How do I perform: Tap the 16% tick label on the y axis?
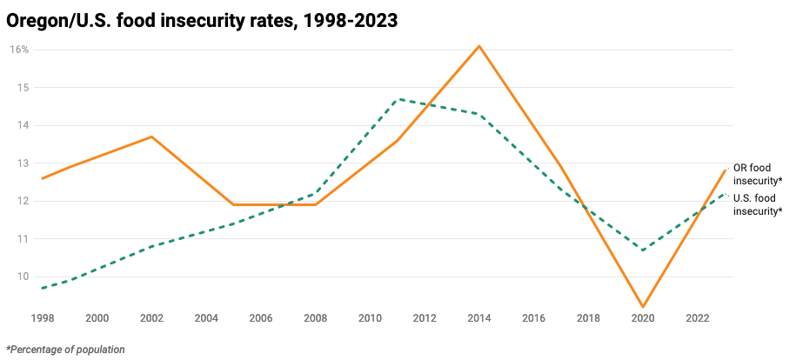[x=19, y=50]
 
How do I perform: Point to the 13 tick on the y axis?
[x=23, y=163]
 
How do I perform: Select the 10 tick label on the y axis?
[x=23, y=277]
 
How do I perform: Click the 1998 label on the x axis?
[x=43, y=318]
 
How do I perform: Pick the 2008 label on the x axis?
[x=315, y=318]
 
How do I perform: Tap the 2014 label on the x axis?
[x=478, y=318]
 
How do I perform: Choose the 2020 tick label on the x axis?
[x=643, y=318]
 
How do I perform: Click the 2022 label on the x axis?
[x=698, y=318]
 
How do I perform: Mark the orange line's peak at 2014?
[x=479, y=45]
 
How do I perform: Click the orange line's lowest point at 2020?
[x=643, y=307]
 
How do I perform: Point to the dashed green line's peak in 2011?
[x=398, y=99]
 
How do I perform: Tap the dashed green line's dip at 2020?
[x=643, y=250]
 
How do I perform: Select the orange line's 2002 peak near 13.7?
[x=151, y=137]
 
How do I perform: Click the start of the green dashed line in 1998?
[x=43, y=288]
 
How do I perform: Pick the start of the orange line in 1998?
[x=43, y=178]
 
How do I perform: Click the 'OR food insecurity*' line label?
[x=758, y=174]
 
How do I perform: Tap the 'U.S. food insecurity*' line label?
[x=758, y=204]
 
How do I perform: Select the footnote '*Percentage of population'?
[x=66, y=350]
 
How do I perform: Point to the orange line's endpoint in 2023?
[x=725, y=170]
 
